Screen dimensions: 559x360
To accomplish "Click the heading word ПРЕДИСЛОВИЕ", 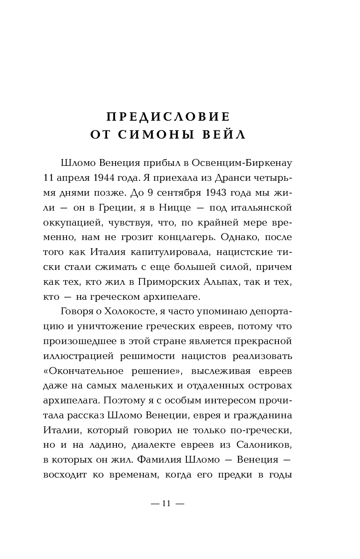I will tap(168, 116).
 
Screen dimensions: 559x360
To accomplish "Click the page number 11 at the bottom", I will tap(166, 504).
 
